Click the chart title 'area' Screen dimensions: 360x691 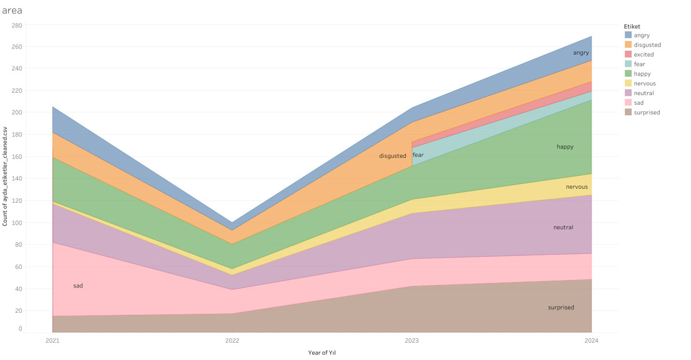[x=12, y=10]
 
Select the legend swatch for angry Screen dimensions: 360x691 [x=628, y=35]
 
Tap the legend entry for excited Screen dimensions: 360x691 [x=643, y=55]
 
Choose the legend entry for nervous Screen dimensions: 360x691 [x=644, y=84]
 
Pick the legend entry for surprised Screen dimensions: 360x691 [x=647, y=112]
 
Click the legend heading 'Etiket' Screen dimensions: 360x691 [x=632, y=26]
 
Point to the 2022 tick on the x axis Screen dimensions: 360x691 [x=232, y=341]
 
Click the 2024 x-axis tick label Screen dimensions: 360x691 [x=591, y=341]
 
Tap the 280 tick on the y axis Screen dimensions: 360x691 [x=17, y=25]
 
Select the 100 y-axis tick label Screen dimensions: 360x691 [x=17, y=223]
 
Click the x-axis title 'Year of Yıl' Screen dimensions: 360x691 [x=322, y=353]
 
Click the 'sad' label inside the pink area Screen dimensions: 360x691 [x=78, y=286]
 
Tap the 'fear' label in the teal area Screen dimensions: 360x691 [x=418, y=155]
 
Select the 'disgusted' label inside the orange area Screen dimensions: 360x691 [x=393, y=156]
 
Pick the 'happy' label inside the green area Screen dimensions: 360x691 [x=565, y=147]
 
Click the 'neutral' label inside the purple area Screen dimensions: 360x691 [x=563, y=228]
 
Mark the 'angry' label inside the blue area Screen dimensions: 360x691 [x=581, y=53]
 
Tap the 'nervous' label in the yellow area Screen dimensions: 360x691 [x=577, y=187]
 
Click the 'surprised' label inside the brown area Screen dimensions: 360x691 [x=561, y=308]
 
